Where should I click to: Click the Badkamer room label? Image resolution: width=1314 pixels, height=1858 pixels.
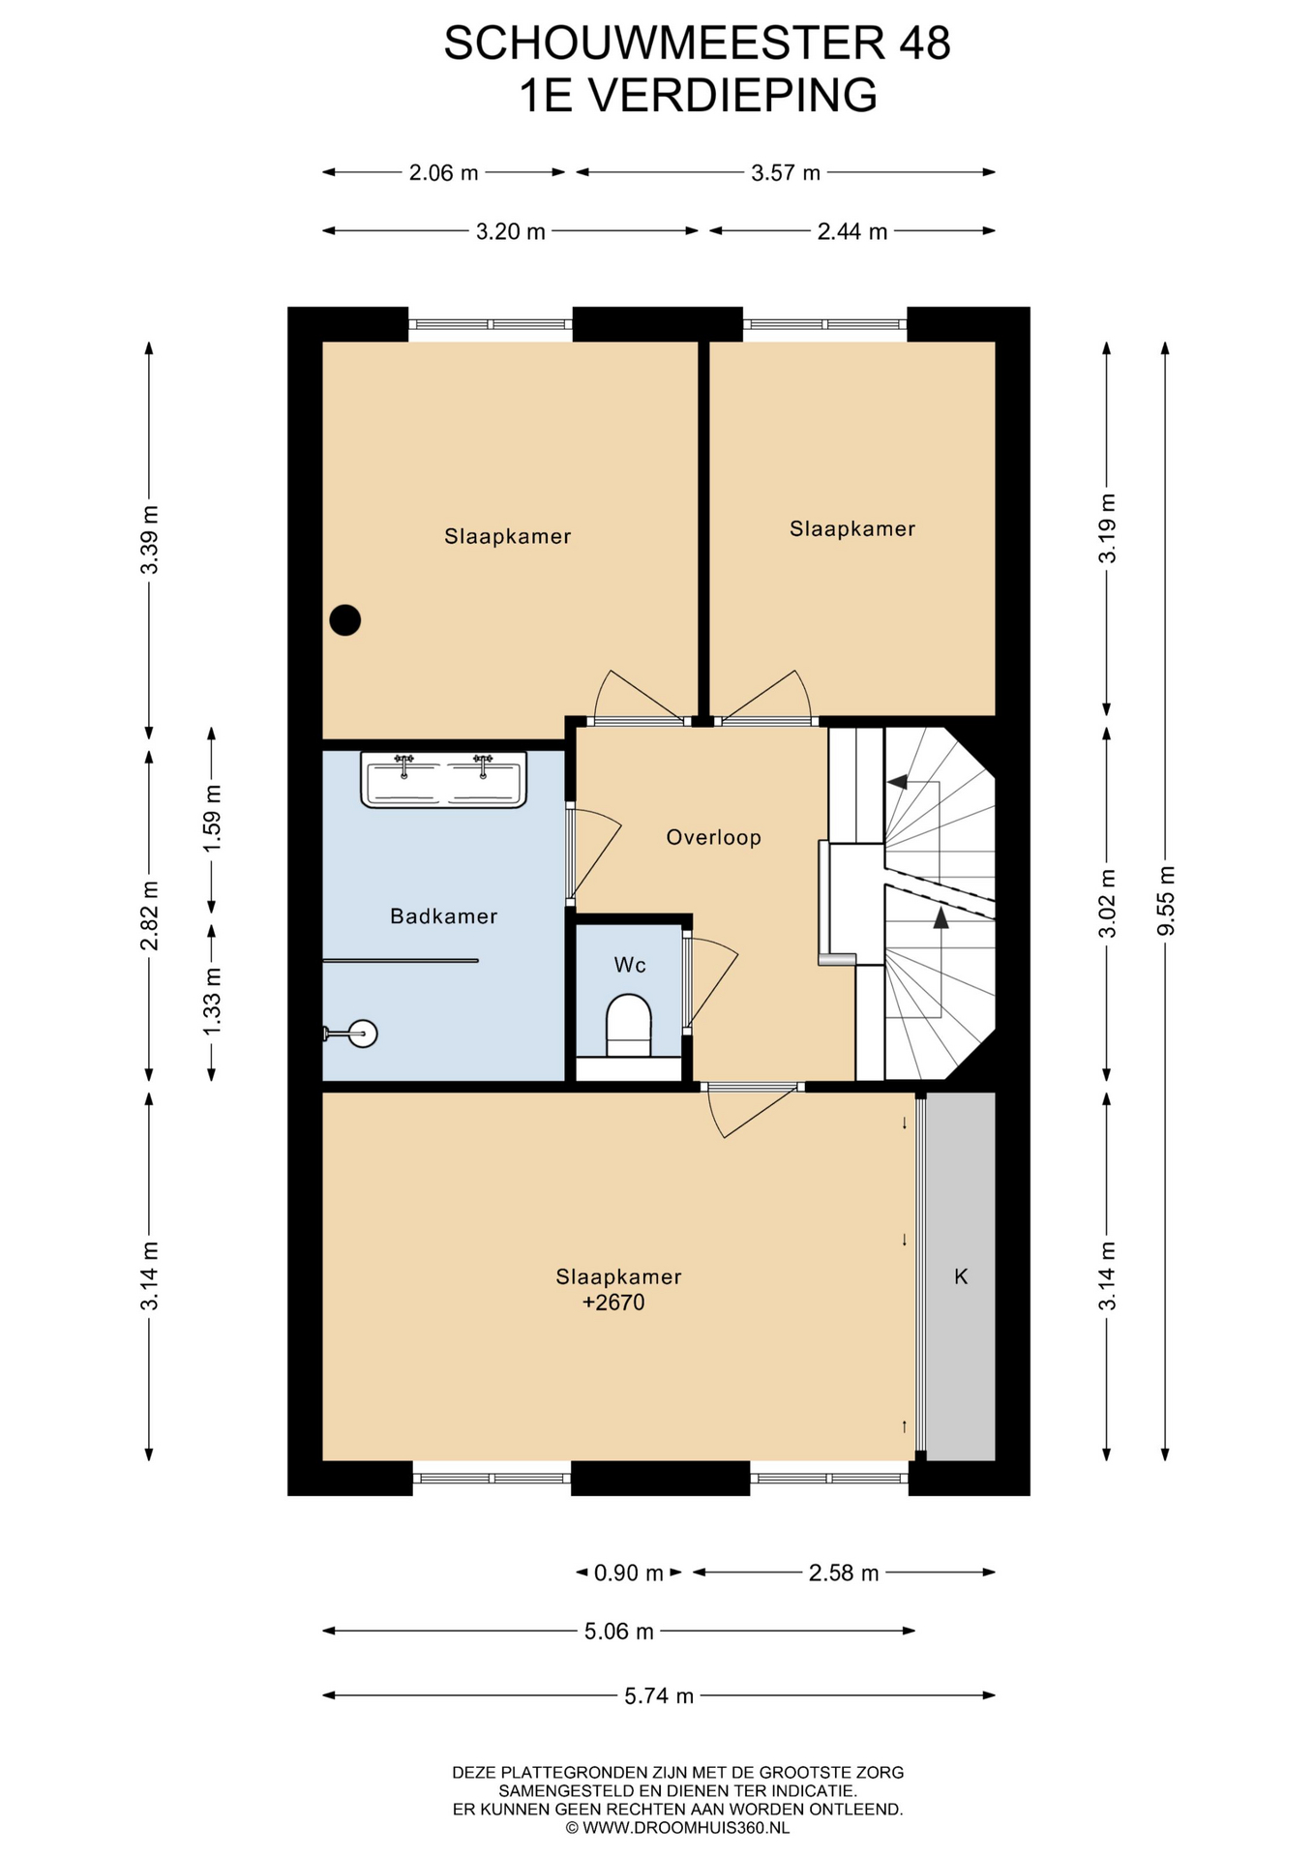443,915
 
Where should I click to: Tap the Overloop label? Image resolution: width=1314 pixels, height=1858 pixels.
713,837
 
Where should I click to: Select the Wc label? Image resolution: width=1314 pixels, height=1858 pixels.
630,965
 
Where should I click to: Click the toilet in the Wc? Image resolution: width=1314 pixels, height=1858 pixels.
629,1028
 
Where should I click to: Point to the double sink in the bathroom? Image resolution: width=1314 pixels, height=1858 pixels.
443,779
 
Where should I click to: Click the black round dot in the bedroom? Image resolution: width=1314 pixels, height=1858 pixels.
345,619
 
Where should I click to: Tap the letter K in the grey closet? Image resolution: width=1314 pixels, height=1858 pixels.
961,1276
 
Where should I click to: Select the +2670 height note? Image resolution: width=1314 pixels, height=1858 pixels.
613,1303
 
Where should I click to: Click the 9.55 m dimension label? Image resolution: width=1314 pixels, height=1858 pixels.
1166,901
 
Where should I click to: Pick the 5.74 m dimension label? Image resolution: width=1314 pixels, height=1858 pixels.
659,1695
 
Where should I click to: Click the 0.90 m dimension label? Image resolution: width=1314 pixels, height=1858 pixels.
629,1573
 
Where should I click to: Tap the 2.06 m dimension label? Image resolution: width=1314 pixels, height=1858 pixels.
443,172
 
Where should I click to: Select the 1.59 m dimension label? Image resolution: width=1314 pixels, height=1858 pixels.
212,819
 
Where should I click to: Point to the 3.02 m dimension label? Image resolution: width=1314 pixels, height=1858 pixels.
1107,903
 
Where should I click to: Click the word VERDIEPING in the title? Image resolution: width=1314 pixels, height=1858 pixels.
733,96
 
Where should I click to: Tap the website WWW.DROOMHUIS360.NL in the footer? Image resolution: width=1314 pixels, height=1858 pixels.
686,1828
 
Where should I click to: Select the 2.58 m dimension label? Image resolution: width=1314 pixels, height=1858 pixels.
844,1573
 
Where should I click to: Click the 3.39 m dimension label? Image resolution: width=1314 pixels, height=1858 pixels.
149,540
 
